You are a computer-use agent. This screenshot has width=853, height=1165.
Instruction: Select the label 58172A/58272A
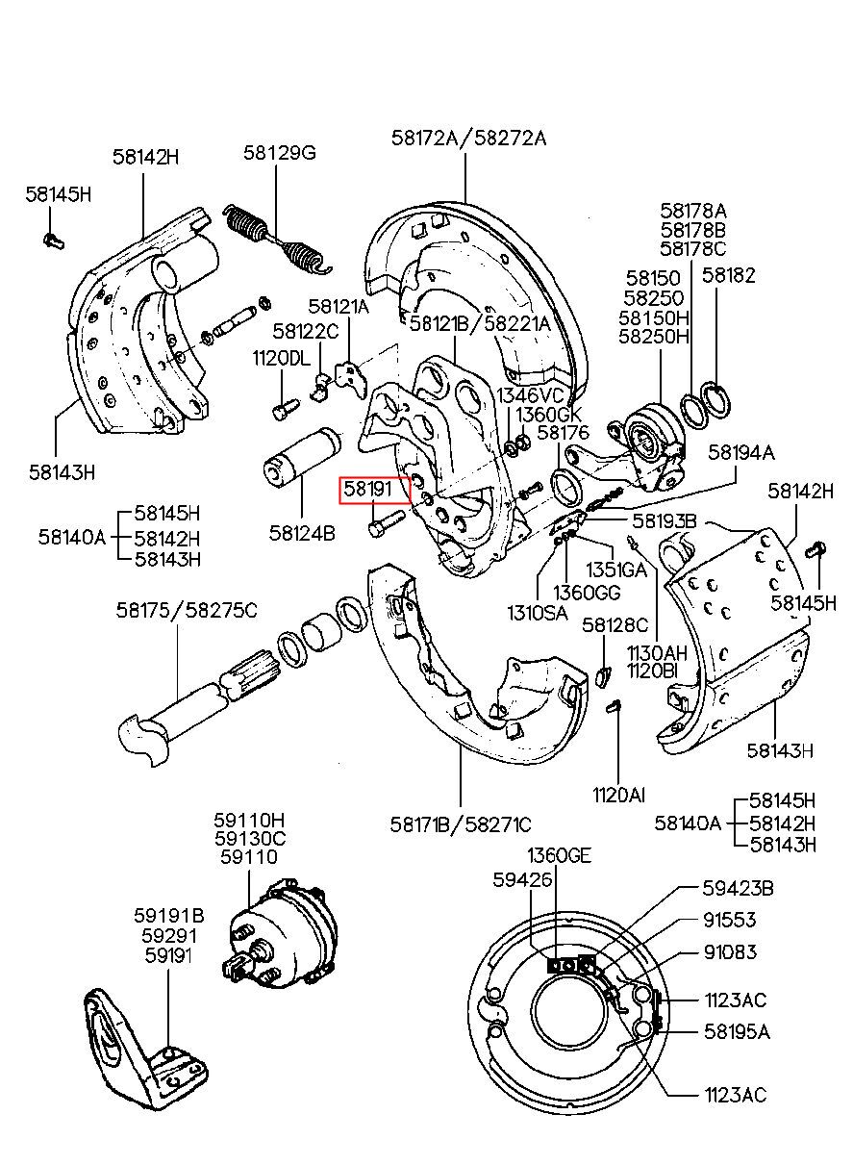click(468, 138)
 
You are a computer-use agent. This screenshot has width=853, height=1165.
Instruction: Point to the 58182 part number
click(728, 275)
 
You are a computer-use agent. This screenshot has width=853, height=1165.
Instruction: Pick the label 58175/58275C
click(187, 609)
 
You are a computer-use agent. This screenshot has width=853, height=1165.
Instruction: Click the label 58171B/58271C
click(461, 824)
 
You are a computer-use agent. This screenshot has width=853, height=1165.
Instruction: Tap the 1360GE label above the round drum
click(559, 855)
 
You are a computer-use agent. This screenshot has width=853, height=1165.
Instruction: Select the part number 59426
click(522, 879)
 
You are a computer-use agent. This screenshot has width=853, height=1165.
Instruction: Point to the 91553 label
click(729, 920)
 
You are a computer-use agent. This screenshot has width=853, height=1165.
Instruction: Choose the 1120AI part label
click(619, 795)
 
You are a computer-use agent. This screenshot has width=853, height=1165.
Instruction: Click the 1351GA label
click(616, 570)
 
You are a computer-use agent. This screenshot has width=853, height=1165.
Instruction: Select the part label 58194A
click(741, 450)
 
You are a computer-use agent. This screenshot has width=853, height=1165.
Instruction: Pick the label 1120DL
click(282, 359)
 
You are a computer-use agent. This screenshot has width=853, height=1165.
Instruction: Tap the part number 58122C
click(306, 332)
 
